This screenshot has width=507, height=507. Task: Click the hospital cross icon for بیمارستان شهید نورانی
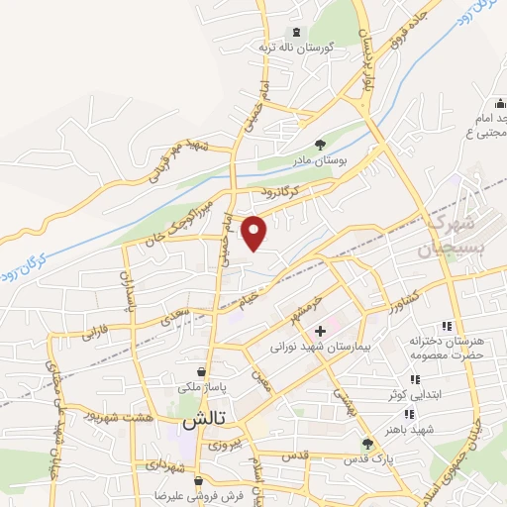pyautogui.click(x=320, y=330)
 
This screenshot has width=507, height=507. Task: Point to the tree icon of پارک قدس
pyautogui.click(x=367, y=444)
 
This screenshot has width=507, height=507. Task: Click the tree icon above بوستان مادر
pyautogui.click(x=318, y=143)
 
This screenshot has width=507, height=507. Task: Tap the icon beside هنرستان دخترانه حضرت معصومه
pyautogui.click(x=447, y=326)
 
